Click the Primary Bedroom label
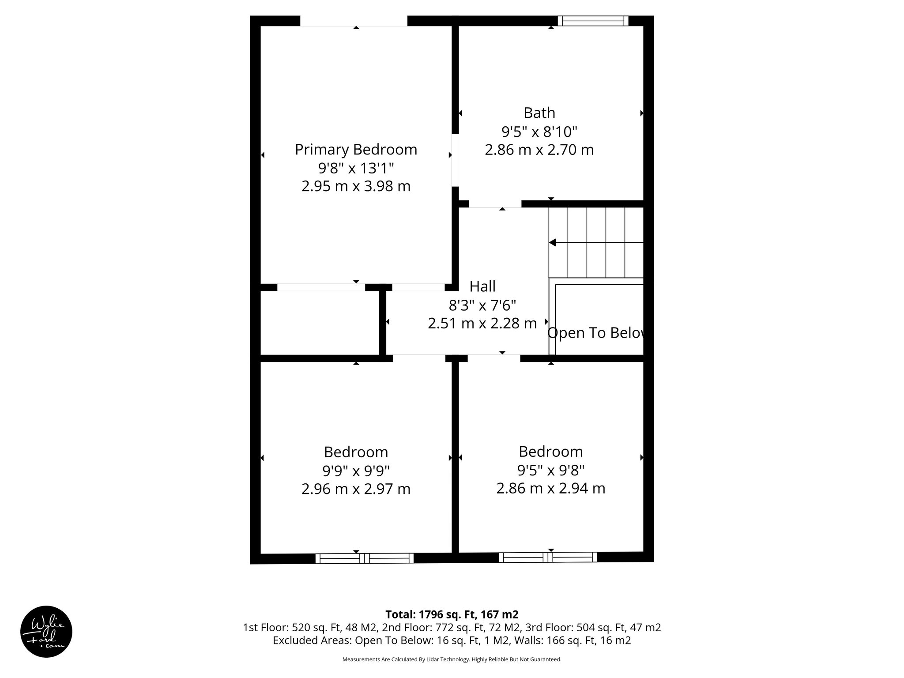click(356, 150)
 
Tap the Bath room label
click(539, 113)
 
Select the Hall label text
click(482, 286)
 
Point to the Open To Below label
click(596, 333)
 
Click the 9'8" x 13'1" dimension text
click(356, 168)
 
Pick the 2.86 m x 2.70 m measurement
click(539, 150)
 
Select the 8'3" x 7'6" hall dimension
click(482, 305)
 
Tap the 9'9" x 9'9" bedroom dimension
click(356, 471)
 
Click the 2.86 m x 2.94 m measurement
click(550, 489)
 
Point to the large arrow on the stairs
click(553, 242)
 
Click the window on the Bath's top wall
click(592, 21)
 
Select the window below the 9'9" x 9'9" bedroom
click(365, 558)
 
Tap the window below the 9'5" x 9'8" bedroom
click(548, 557)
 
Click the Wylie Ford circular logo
click(46, 632)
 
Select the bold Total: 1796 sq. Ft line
click(452, 614)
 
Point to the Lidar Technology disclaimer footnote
click(452, 659)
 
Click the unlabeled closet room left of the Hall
click(320, 323)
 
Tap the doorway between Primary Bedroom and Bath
click(455, 160)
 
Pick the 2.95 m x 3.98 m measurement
click(356, 186)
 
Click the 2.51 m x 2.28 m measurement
click(482, 324)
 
